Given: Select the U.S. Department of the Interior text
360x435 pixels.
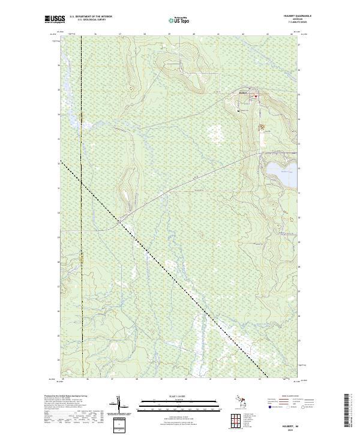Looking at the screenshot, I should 91,16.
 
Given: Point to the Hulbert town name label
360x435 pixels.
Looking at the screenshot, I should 243,92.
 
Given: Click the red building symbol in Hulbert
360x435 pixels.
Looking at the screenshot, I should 255,96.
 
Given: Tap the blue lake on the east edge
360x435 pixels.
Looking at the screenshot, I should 282,174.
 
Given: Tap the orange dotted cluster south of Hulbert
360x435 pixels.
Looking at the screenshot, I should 260,127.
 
